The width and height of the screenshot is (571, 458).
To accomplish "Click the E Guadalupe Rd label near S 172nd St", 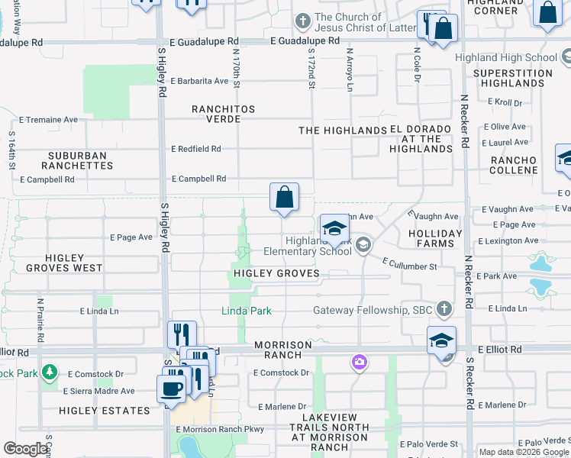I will pyautogui.click(x=305, y=40).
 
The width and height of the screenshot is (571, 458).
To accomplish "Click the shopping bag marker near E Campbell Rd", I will pyautogui.click(x=284, y=197).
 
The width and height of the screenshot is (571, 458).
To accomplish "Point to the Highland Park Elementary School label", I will pyautogui.click(x=308, y=246).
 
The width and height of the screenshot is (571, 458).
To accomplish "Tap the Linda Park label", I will pyautogui.click(x=246, y=311).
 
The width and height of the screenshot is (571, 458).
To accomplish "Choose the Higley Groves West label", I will pyautogui.click(x=64, y=263).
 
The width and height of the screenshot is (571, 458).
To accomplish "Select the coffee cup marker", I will pyautogui.click(x=171, y=387).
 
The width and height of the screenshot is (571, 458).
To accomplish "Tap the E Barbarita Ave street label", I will pyautogui.click(x=199, y=81).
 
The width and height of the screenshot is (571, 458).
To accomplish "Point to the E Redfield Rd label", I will pyautogui.click(x=196, y=149).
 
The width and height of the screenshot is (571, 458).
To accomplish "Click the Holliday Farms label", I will pyautogui.click(x=435, y=238).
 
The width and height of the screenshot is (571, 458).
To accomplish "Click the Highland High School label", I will pyautogui.click(x=505, y=57).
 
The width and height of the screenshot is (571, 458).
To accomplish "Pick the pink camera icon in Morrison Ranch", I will pyautogui.click(x=360, y=362).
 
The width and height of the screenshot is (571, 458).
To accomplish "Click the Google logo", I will pyautogui.click(x=26, y=449).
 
